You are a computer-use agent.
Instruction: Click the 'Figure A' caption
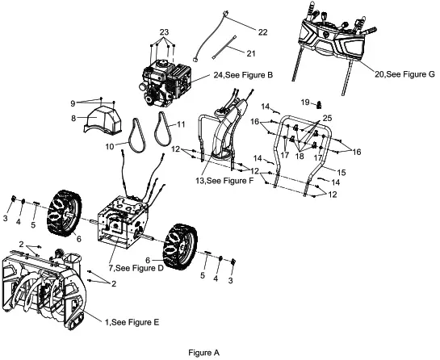click(x=203, y=352)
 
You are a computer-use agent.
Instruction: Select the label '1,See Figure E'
click(x=132, y=322)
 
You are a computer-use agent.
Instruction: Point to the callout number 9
click(x=72, y=103)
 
